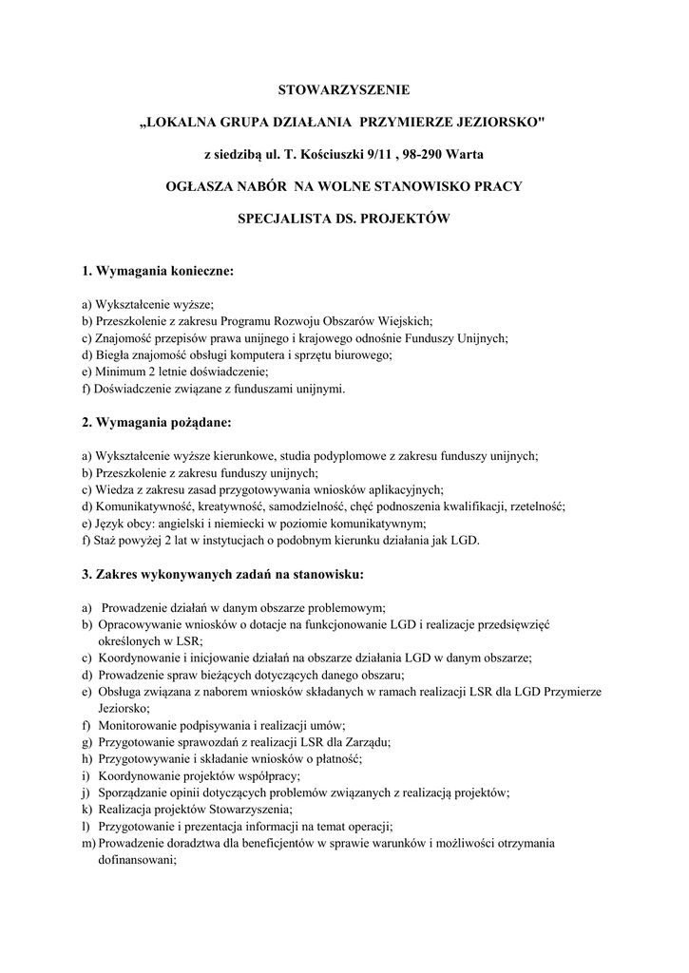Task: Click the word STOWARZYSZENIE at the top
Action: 344,90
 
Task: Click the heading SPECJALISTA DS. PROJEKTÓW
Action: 344,218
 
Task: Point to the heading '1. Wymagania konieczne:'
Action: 157,272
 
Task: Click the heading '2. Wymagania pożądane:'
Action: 157,420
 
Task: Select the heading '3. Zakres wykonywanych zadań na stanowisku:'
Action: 222,574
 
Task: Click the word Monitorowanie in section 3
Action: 138,725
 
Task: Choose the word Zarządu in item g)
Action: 370,741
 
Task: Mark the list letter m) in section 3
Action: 89,843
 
